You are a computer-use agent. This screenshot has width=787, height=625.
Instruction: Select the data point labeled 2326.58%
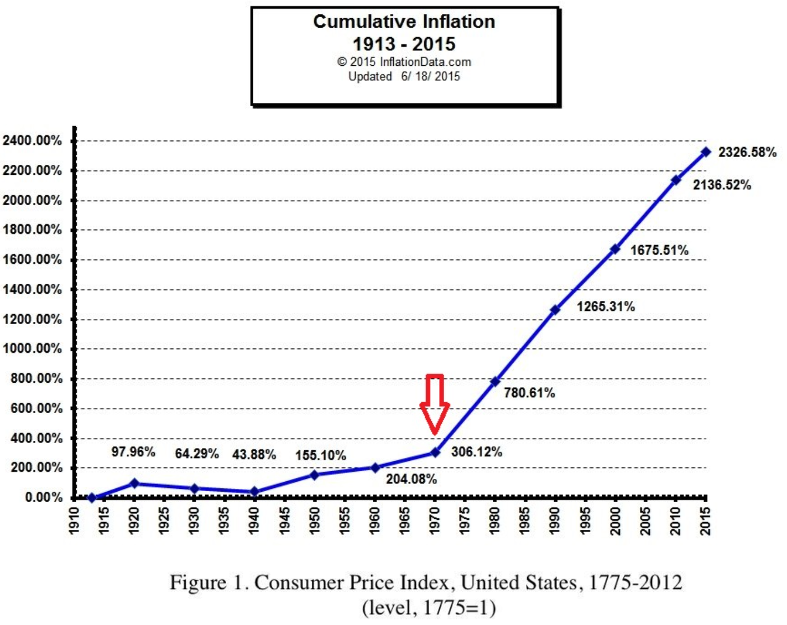[706, 152]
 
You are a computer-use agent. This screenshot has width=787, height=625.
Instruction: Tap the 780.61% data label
[529, 393]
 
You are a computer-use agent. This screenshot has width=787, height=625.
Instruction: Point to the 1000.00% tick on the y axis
[32, 348]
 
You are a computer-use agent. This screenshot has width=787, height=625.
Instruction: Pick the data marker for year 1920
[134, 483]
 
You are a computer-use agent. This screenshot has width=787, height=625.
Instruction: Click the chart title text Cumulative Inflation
[404, 22]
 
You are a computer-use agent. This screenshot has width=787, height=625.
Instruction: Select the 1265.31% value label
[606, 306]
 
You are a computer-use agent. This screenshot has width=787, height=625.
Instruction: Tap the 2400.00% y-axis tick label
[32, 140]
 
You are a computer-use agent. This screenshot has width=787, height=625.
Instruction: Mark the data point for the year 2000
[615, 249]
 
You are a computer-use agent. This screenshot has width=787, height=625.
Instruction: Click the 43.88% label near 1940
[254, 455]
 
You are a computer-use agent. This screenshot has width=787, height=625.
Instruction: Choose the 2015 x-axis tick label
[705, 520]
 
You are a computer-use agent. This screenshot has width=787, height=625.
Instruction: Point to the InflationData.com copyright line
[404, 62]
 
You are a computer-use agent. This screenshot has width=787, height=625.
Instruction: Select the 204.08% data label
[411, 479]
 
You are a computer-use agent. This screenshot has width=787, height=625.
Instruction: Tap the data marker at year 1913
[92, 498]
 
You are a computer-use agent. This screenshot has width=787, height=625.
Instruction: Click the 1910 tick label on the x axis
[74, 520]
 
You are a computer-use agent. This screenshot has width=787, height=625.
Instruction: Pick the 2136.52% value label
[722, 185]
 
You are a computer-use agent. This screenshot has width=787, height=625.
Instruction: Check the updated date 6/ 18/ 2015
[430, 76]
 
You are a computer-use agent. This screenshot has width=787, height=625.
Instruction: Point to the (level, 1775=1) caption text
[429, 608]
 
